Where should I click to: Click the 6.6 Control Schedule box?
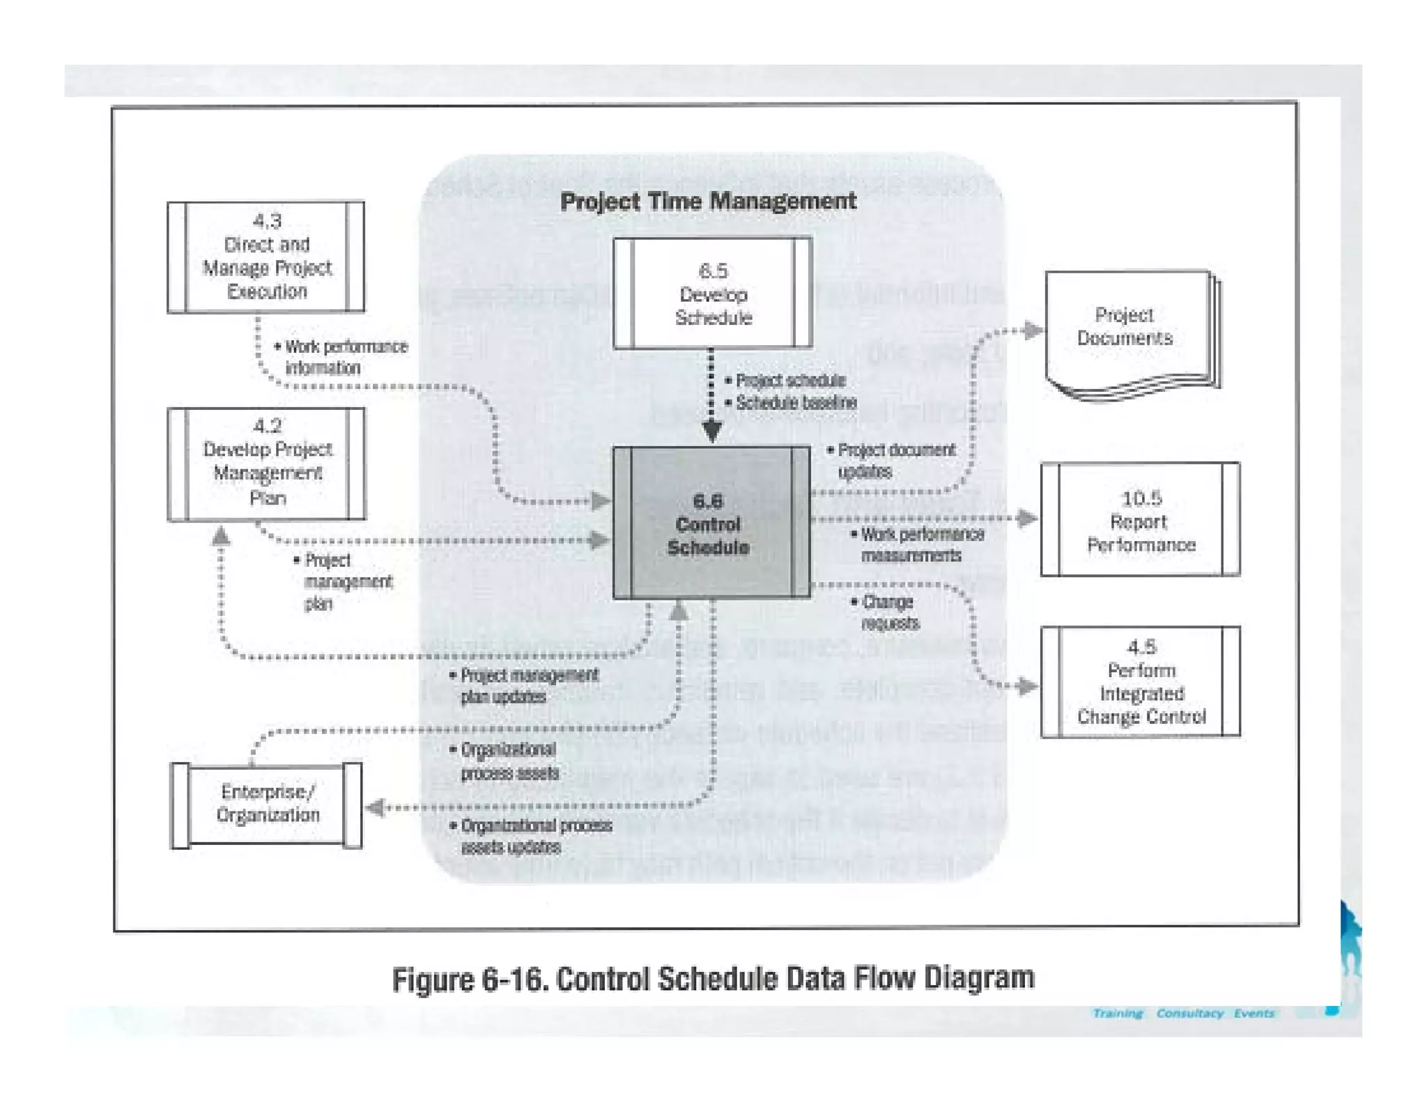tap(711, 523)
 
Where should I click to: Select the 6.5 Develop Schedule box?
tap(712, 293)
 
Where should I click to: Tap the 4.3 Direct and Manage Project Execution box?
tap(266, 257)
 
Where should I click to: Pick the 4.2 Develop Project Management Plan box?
tap(266, 464)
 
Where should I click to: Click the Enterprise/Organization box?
tap(266, 804)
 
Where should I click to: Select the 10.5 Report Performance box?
tap(1140, 519)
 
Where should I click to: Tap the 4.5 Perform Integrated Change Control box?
tap(1140, 682)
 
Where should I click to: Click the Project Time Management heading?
tap(708, 201)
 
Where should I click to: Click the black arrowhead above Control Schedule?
tap(711, 432)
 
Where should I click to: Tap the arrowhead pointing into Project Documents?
tap(1034, 330)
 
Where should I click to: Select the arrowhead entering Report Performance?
tap(1027, 518)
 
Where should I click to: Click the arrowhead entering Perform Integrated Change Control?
tap(1027, 687)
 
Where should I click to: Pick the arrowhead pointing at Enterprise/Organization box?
tap(375, 807)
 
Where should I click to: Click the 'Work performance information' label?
tap(341, 357)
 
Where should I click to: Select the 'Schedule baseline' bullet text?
tap(794, 402)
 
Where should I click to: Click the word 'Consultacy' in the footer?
tap(1189, 1013)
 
